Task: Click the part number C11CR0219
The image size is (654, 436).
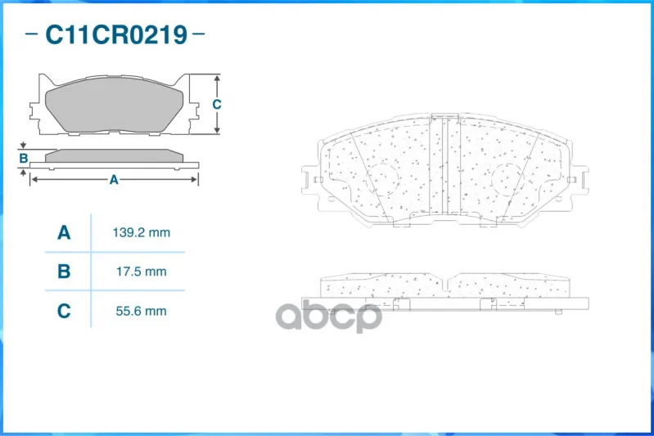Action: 116,34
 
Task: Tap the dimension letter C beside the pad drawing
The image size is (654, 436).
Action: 216,104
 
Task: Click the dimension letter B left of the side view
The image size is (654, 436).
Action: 24,158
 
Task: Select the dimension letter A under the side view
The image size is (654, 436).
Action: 114,180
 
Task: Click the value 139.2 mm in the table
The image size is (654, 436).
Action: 142,232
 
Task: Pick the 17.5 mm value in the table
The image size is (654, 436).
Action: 142,272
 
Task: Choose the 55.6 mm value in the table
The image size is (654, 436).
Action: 142,311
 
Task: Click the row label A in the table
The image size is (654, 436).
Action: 64,232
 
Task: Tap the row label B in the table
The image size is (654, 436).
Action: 64,272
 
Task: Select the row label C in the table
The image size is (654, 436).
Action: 64,311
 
